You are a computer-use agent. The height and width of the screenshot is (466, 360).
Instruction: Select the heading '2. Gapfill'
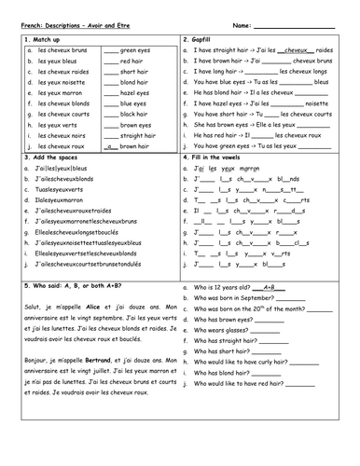[207, 39]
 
